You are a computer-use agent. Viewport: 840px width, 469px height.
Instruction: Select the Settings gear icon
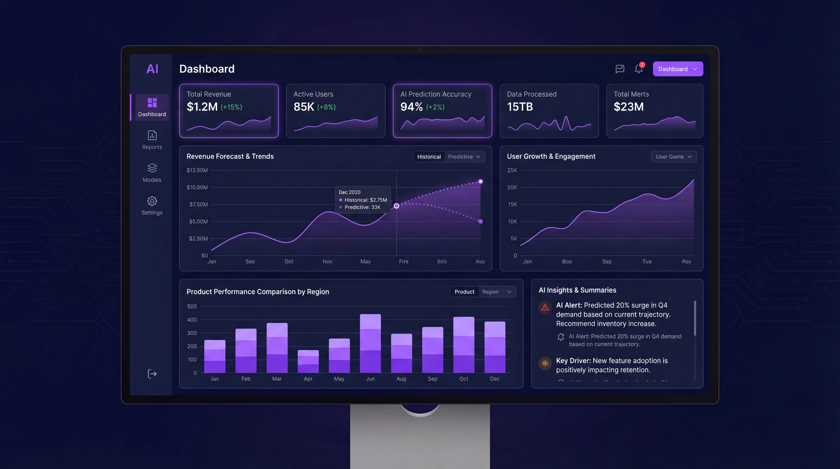(x=152, y=201)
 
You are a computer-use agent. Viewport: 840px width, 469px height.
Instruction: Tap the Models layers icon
(x=152, y=168)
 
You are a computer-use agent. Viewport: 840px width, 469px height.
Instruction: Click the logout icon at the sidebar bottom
(x=152, y=374)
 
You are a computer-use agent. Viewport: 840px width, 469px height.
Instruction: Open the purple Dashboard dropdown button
(x=678, y=69)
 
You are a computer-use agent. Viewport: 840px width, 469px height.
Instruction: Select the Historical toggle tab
(x=429, y=156)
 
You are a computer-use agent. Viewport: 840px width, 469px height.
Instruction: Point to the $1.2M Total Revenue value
(x=202, y=107)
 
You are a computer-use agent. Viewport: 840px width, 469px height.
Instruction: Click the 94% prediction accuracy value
(x=411, y=107)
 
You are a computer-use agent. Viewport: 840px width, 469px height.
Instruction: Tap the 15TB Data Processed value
(x=520, y=107)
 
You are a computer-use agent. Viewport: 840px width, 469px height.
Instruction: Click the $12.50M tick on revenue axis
(x=197, y=170)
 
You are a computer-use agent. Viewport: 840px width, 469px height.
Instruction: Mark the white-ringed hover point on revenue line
(x=396, y=206)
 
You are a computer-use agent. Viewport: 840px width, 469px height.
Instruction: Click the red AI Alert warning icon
(x=545, y=307)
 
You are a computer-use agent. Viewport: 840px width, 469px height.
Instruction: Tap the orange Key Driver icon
(x=545, y=363)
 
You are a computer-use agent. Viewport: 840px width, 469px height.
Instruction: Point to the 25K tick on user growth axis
(x=512, y=170)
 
